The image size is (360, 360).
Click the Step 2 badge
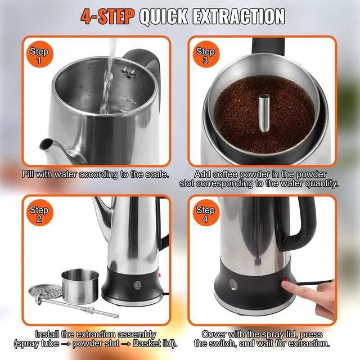tap(39, 215)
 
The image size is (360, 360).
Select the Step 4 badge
tap(205, 215)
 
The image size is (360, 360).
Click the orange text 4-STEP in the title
tap(107, 16)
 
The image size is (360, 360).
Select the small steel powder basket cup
tap(80, 285)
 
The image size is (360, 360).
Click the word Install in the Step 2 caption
tap(48, 334)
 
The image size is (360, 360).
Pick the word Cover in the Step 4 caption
tap(214, 334)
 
